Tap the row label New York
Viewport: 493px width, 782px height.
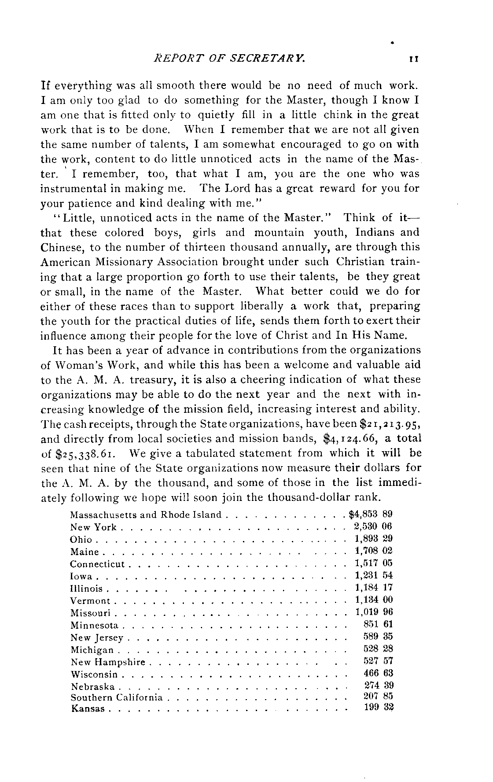point(93,527)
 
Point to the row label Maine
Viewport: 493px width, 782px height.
point(85,552)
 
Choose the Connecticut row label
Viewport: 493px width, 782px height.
point(97,564)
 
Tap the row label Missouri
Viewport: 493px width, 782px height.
point(91,613)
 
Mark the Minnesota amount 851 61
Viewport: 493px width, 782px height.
point(378,624)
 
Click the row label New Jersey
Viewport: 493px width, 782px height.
point(97,637)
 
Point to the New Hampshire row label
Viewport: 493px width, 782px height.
point(107,662)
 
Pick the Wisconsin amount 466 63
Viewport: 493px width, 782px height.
point(378,673)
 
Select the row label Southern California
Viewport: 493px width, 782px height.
point(116,698)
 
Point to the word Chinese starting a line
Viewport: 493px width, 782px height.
point(62,247)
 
